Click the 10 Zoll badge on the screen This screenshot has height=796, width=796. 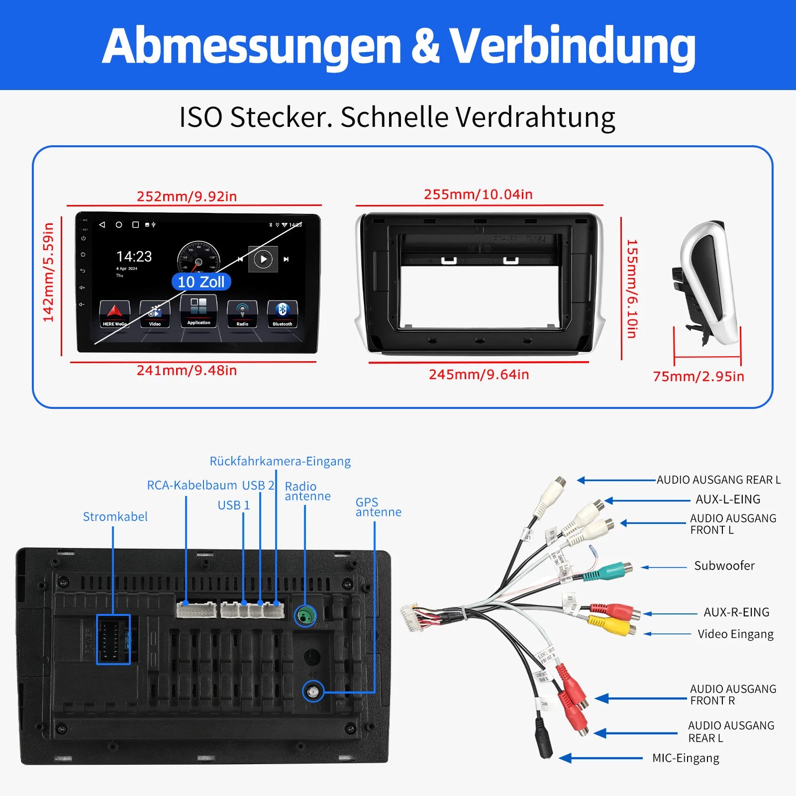(201, 282)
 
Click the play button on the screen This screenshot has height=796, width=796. (263, 259)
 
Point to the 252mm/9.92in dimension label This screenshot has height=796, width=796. (187, 197)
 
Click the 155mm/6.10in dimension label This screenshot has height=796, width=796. (632, 289)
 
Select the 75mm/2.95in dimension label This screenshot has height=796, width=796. (698, 377)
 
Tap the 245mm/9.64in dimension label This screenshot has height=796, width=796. (479, 375)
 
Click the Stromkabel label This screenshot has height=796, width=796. (115, 517)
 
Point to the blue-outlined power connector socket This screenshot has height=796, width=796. (113, 639)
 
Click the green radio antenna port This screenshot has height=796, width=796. (305, 616)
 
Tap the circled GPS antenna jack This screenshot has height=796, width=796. (313, 692)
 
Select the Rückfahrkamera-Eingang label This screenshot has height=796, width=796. (280, 461)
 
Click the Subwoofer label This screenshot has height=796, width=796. (724, 566)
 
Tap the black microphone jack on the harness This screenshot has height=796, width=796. (544, 741)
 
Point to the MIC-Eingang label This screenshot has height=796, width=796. (686, 758)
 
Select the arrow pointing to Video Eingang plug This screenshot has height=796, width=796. (667, 634)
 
